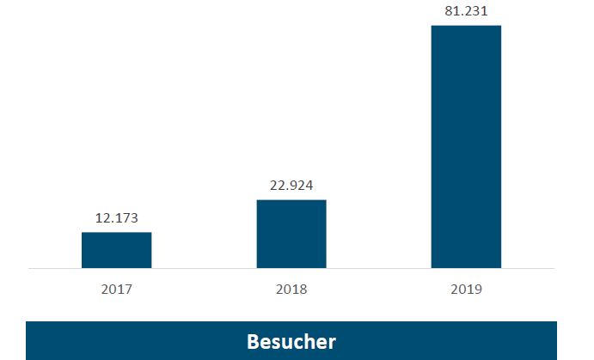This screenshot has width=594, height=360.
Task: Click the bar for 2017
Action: (116, 250)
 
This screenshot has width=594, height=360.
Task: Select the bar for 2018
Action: (291, 234)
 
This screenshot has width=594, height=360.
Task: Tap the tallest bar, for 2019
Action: (466, 146)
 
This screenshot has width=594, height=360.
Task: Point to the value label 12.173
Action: (116, 218)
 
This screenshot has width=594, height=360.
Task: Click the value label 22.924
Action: (291, 186)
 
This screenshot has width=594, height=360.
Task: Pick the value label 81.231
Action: (466, 11)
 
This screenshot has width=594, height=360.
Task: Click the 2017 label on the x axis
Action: (116, 290)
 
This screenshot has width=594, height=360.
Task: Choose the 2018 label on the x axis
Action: (291, 290)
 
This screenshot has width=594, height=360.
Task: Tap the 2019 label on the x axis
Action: (466, 290)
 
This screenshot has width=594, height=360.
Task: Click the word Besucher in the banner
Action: (291, 341)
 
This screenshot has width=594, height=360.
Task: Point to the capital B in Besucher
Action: (253, 341)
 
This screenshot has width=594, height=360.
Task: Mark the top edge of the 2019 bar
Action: (466, 26)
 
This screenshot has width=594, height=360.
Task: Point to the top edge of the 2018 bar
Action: (291, 200)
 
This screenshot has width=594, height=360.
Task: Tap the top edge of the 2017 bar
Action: (116, 233)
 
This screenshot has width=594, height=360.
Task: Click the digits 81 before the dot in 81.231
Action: (450, 11)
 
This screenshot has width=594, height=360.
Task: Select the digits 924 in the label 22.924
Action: (302, 186)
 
